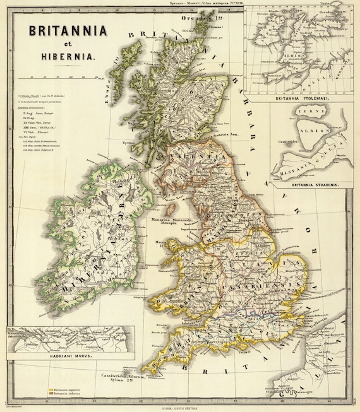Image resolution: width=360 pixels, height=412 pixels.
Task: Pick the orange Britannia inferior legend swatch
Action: (x=51, y=395)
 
